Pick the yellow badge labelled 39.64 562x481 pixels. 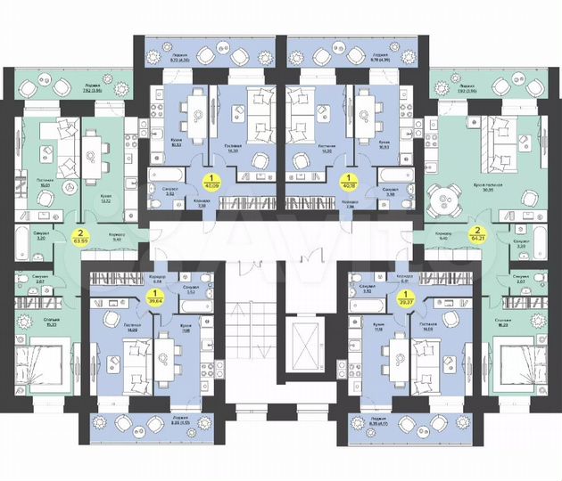pyautogui.click(x=158, y=296)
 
